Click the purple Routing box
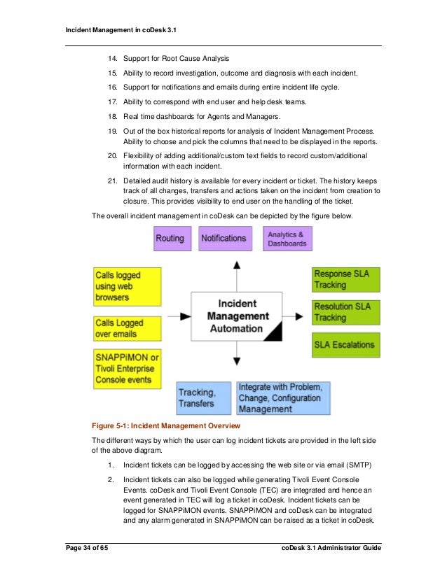click(x=170, y=238)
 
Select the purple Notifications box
click(x=224, y=238)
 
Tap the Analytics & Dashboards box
click(x=287, y=238)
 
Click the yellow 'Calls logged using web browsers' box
click(x=127, y=286)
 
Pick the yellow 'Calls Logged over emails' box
click(x=127, y=328)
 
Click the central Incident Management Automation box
click(x=237, y=316)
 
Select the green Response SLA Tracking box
click(x=346, y=280)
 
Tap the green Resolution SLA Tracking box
click(x=346, y=312)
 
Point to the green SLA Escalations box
click(x=346, y=344)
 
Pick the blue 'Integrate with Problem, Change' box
click(x=284, y=397)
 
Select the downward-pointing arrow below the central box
click(x=238, y=360)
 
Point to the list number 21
click(x=111, y=181)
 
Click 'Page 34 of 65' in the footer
click(x=86, y=548)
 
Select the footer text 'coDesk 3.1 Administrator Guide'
click(x=326, y=548)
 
